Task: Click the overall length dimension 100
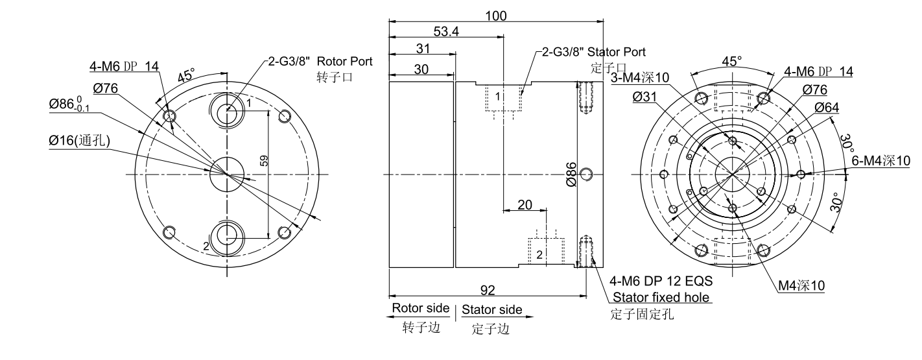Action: [x=496, y=16]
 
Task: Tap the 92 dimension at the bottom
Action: [x=486, y=289]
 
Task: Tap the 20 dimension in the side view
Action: [x=525, y=205]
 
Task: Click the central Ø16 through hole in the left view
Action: [x=226, y=173]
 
